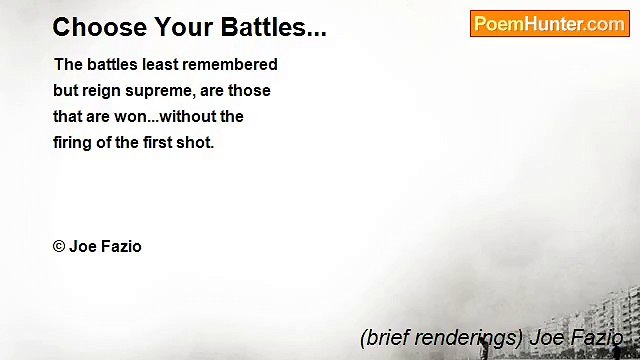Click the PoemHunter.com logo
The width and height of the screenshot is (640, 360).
[549, 24]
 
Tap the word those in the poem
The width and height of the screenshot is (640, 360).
[249, 90]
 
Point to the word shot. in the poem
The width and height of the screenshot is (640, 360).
[196, 142]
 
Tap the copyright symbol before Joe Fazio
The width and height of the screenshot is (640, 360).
[59, 246]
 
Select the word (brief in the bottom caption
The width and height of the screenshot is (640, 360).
[382, 337]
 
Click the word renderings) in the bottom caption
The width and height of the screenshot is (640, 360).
[466, 337]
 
